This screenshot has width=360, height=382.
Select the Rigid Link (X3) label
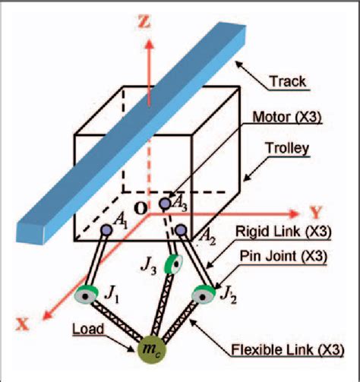pyautogui.click(x=289, y=230)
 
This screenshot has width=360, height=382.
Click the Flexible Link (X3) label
pyautogui.click(x=290, y=350)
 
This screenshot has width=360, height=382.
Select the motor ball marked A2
pyautogui.click(x=180, y=229)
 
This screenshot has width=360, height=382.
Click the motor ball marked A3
pyautogui.click(x=165, y=204)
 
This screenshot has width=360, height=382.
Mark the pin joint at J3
pyautogui.click(x=174, y=265)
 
